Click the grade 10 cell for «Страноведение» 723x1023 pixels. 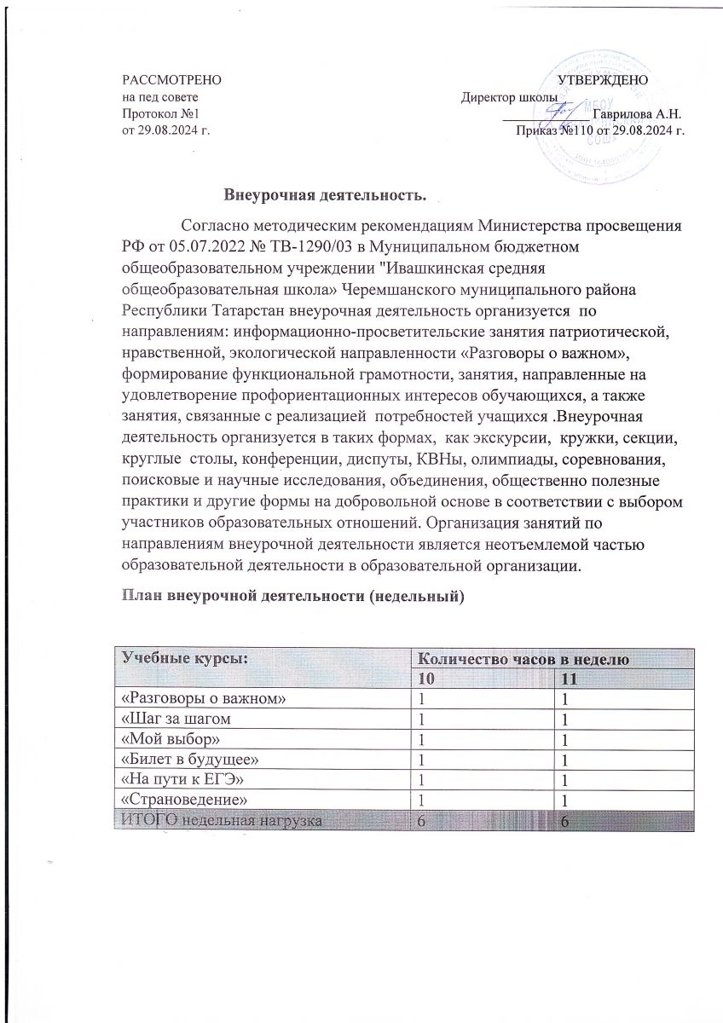pyautogui.click(x=419, y=798)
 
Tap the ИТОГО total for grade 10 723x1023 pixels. pyautogui.click(x=419, y=818)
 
